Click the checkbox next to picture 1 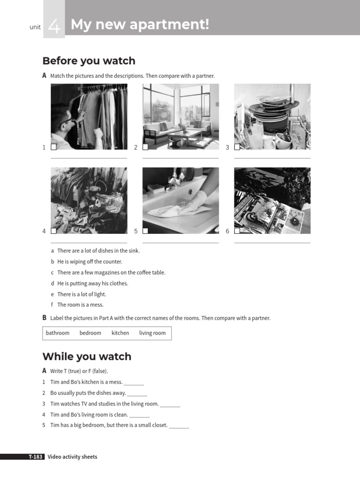click(x=53, y=147)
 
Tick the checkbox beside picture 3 click(x=237, y=147)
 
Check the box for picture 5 click(x=145, y=231)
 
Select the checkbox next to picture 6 click(x=237, y=231)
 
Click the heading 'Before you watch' click(x=89, y=61)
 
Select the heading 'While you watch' click(x=87, y=356)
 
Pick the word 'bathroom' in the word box click(x=58, y=333)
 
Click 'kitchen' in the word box click(x=120, y=333)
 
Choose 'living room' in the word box click(x=152, y=333)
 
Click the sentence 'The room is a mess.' click(x=80, y=305)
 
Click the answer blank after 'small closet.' click(x=179, y=426)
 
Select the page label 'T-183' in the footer click(x=36, y=457)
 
